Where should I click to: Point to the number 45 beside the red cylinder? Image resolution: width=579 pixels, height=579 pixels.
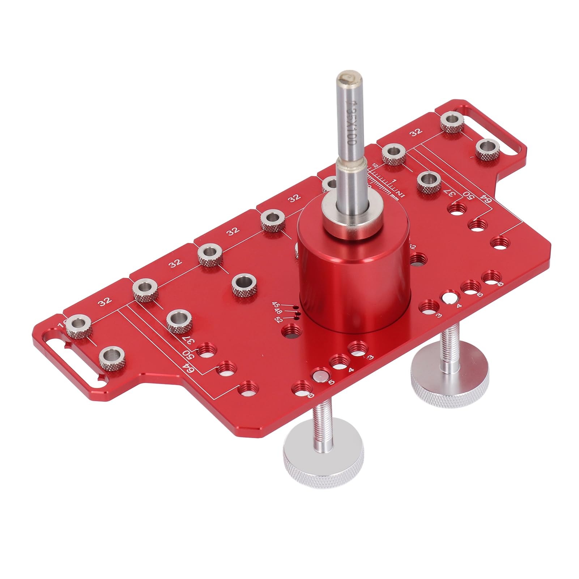coord(276,305)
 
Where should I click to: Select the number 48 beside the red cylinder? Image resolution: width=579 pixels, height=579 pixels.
coord(278,311)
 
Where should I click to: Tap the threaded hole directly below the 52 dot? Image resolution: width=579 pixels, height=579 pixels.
coord(293,330)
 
